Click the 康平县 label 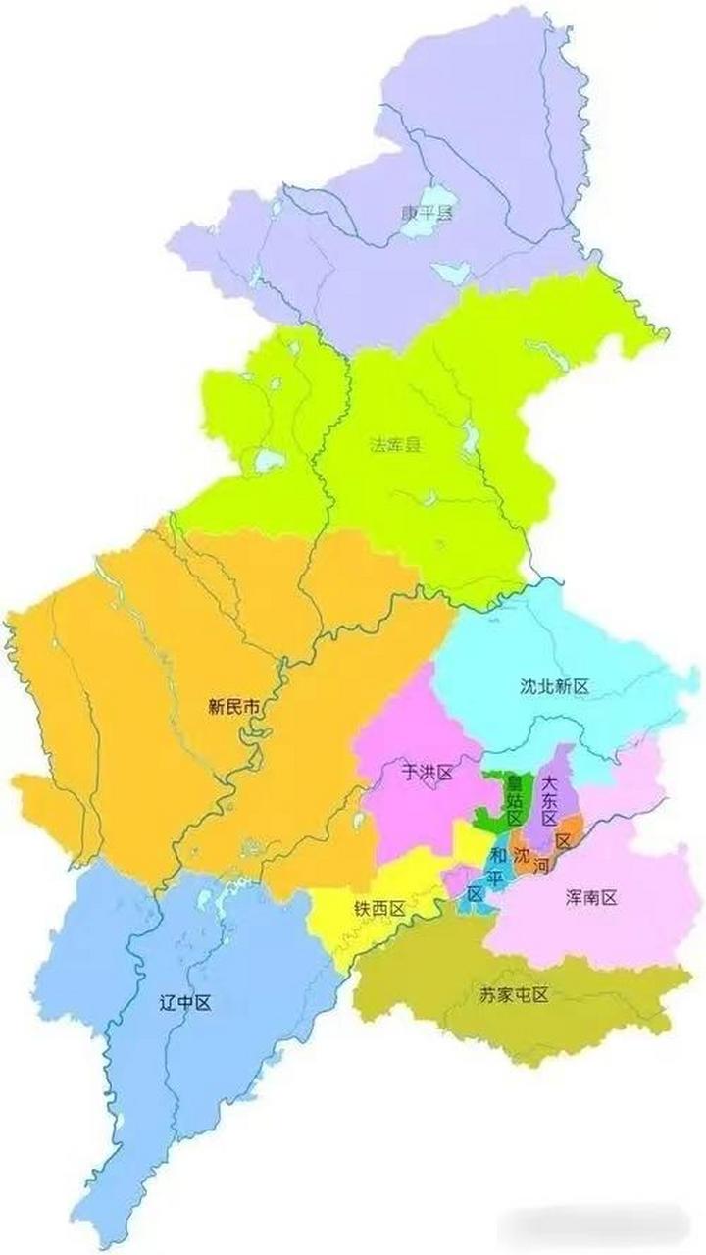pyautogui.click(x=428, y=212)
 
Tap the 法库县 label pyautogui.click(x=394, y=444)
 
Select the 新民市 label pyautogui.click(x=233, y=705)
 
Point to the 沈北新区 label pyautogui.click(x=554, y=686)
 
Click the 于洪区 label pyautogui.click(x=428, y=773)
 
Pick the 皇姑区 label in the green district pyautogui.click(x=513, y=799)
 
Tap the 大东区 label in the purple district pyautogui.click(x=549, y=800)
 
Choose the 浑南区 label pyautogui.click(x=591, y=896)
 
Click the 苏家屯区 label pyautogui.click(x=513, y=994)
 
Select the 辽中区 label pyautogui.click(x=185, y=1002)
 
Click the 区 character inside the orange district pyautogui.click(x=563, y=841)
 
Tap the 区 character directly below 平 pyautogui.click(x=474, y=894)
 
